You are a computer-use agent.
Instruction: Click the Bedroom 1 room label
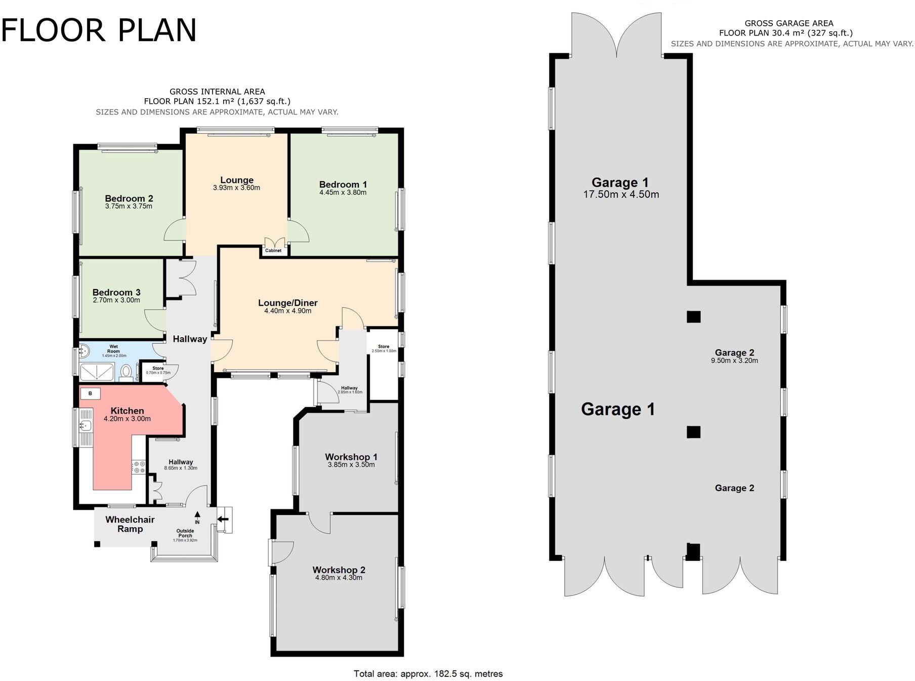pos(343,185)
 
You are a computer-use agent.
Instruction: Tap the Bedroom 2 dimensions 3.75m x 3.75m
pos(129,207)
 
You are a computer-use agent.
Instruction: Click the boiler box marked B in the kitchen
pos(90,393)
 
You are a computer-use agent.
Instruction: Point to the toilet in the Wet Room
pos(126,373)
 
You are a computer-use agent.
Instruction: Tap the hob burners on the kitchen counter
pos(139,467)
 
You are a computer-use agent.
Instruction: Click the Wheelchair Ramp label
pos(130,524)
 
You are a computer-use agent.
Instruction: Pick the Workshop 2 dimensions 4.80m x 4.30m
pos(339,578)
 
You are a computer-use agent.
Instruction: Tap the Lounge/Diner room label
pos(287,303)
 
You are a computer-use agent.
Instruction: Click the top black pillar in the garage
pos(693,317)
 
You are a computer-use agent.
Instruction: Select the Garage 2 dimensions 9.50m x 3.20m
pos(734,361)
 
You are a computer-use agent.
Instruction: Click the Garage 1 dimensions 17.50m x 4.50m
pos(621,194)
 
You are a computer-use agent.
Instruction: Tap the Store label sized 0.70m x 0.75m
pos(158,371)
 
